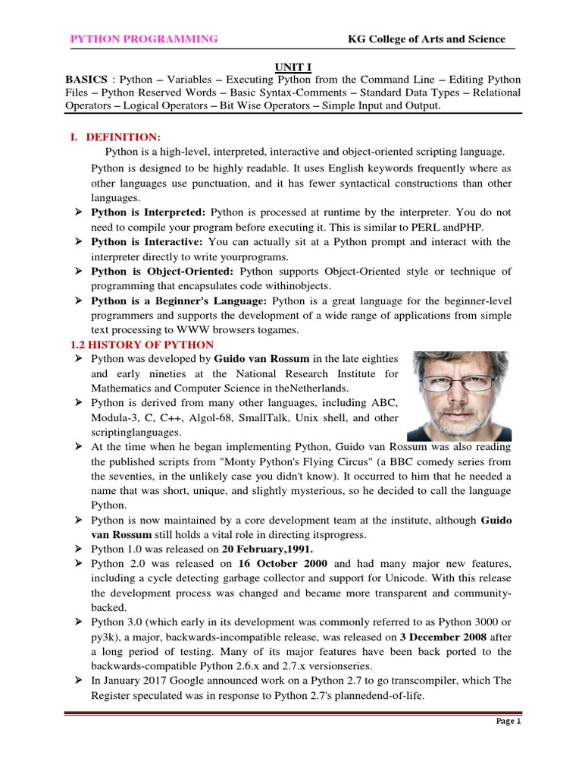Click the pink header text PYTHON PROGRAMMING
point(144,39)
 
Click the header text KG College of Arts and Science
point(426,39)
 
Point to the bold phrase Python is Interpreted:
point(148,212)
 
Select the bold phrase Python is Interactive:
point(146,241)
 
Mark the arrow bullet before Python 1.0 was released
point(77,549)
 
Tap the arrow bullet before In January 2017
point(77,681)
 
